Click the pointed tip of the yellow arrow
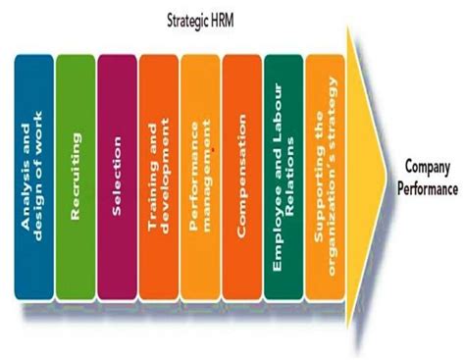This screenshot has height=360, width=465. coord(389,175)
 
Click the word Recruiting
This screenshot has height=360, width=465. coord(77,158)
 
